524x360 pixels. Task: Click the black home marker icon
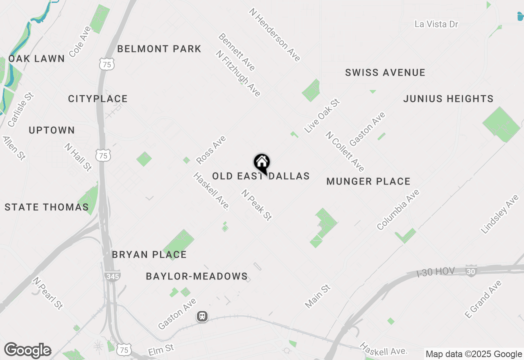[262, 163]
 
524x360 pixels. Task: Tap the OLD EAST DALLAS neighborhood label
[261, 176]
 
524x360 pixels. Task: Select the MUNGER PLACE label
[368, 181]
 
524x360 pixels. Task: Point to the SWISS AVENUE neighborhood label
[385, 73]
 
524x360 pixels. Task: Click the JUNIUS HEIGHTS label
[448, 99]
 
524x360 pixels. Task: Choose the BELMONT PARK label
[159, 49]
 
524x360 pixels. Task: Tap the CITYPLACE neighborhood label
[98, 99]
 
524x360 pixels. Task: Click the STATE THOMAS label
[47, 207]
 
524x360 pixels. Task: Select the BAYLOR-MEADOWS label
[197, 277]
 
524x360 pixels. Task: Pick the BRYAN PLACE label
[149, 254]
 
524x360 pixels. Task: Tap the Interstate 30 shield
[471, 271]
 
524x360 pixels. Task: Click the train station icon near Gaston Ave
[202, 316]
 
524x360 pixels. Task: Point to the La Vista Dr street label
[436, 24]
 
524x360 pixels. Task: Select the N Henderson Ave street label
[274, 35]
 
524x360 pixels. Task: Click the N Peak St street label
[256, 205]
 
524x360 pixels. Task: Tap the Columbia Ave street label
[398, 209]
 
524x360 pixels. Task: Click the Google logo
[27, 351]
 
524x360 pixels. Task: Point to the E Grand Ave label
[483, 299]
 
